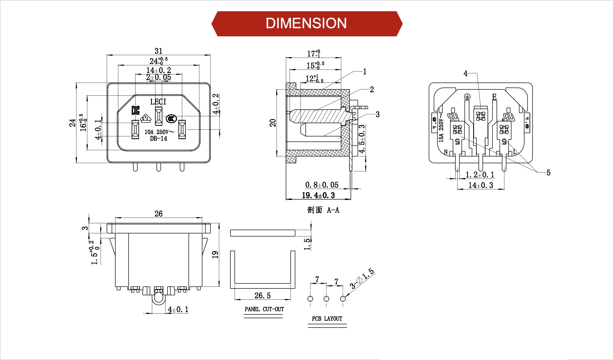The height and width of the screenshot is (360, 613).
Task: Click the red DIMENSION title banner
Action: pos(306,24)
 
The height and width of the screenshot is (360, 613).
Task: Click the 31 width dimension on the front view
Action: pos(159,51)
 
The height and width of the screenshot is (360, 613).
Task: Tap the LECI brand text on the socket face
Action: pos(158,102)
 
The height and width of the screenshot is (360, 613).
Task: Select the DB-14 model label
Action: pos(159,138)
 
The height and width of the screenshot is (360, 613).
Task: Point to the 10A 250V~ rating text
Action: pos(159,132)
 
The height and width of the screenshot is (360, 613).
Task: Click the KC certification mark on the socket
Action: pos(136,110)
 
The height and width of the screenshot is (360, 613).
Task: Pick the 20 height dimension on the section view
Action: pos(273,123)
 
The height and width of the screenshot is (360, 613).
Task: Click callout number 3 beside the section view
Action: pos(377,115)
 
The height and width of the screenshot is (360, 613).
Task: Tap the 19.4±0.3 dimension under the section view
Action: pos(318,195)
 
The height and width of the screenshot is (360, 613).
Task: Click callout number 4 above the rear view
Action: pos(465,74)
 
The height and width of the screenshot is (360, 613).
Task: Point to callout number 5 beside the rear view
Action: pos(548,172)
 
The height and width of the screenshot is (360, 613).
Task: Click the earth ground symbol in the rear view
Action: pos(467,97)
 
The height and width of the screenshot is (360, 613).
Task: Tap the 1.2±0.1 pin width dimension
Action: pos(480,175)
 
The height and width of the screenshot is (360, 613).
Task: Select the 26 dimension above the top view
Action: pos(159,214)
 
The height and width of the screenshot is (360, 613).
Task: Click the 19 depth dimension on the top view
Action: pos(215,254)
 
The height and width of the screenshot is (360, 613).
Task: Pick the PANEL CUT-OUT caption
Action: pos(264,309)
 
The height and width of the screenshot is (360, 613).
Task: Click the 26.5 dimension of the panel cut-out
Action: pos(262,295)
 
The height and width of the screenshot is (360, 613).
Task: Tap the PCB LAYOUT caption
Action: pos(327,319)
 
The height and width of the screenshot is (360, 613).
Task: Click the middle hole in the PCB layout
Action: pos(326,299)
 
